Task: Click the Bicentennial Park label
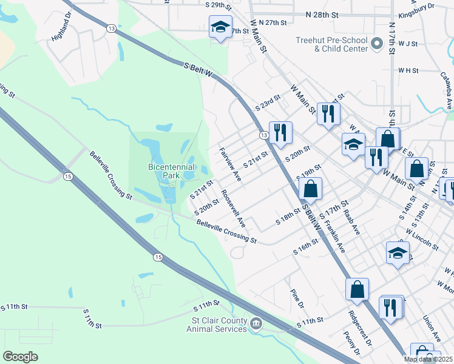tap(172, 170)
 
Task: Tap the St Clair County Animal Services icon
tap(257, 325)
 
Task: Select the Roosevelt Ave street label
tap(233, 209)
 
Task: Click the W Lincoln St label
tap(422, 240)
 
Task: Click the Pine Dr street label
tap(296, 298)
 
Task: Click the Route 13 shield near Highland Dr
tap(110, 29)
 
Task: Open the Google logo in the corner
tap(20, 357)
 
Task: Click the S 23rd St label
tap(268, 102)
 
